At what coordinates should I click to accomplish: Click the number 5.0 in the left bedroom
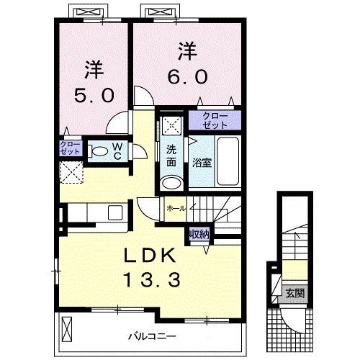pyautogui.click(x=94, y=94)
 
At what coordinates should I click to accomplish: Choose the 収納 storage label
pyautogui.click(x=199, y=234)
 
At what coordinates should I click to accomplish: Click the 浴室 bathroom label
pyautogui.click(x=201, y=162)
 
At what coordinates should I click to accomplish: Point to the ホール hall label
pyautogui.click(x=175, y=208)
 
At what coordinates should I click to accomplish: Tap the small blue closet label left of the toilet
pyautogui.click(x=70, y=149)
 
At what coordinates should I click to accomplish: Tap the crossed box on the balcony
pyautogui.click(x=68, y=330)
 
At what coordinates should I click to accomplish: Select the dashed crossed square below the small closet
pyautogui.click(x=71, y=174)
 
